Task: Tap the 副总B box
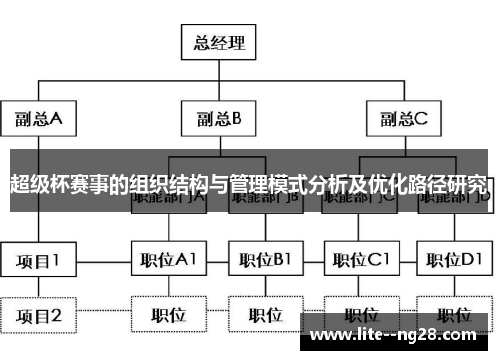(219, 119)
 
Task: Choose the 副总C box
(403, 119)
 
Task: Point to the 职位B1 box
(264, 260)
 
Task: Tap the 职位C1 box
(359, 260)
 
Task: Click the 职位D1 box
(454, 260)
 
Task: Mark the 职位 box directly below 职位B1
(264, 315)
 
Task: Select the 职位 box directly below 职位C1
(359, 315)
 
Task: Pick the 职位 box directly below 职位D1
(454, 315)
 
